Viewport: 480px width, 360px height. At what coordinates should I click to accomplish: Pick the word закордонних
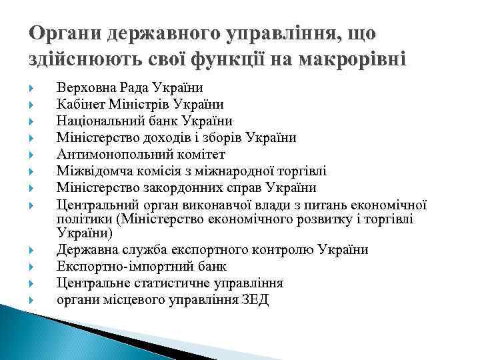[x=175, y=187]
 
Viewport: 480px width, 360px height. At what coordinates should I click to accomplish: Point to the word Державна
[x=85, y=251]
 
